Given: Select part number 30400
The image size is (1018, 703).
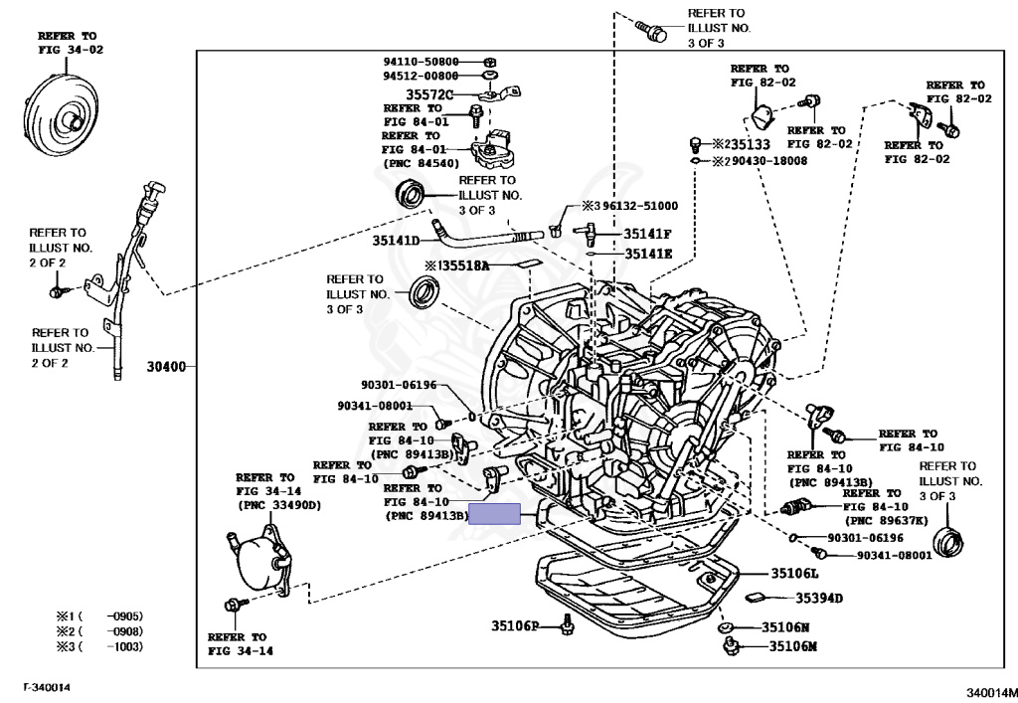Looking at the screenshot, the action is (166, 367).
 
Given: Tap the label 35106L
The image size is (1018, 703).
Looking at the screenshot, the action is (794, 573).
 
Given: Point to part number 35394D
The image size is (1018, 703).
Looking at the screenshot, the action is (819, 598).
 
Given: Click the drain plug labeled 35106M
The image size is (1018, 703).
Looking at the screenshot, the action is (731, 646).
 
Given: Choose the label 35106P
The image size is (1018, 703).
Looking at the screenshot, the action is (515, 625).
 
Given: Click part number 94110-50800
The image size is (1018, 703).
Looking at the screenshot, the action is (421, 62).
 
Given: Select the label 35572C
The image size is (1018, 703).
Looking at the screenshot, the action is (429, 94).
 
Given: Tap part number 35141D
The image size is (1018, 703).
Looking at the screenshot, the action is (396, 241).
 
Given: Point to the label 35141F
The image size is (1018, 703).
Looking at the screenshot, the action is (647, 234).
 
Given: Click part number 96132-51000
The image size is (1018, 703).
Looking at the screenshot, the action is (639, 206).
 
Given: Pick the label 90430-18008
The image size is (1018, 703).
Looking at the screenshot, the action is (769, 161).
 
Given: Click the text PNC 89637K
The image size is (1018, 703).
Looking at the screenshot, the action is (887, 521).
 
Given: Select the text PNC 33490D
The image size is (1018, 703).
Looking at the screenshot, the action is (279, 505).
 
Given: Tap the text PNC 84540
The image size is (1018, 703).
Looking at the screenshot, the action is (422, 163).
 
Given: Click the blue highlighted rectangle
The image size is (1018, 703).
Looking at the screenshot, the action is (495, 513).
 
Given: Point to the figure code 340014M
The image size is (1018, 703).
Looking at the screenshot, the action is (991, 693).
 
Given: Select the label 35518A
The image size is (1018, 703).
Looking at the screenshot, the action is (465, 265).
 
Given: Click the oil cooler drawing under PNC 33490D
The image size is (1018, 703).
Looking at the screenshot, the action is (260, 560).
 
